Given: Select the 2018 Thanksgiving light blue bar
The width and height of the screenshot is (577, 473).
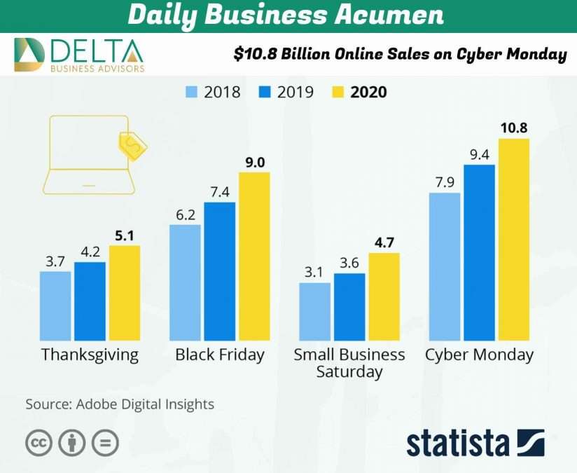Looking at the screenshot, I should point(55,306).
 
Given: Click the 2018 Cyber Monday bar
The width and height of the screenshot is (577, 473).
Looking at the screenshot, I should point(445,266).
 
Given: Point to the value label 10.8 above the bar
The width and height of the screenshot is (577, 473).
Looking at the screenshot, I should point(514,128).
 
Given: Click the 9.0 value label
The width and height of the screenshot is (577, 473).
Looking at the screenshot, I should point(254,163).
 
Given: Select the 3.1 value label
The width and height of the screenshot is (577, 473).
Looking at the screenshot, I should point(314,272).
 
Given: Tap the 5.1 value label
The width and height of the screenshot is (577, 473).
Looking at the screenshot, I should point(125,235).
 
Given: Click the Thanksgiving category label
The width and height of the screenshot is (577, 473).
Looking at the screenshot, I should point(90,355).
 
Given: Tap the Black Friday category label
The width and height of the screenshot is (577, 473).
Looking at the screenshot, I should point(220,355).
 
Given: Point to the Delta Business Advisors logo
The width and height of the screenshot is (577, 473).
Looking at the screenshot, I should point(79,55).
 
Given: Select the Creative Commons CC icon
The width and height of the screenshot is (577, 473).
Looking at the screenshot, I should point(39,443).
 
